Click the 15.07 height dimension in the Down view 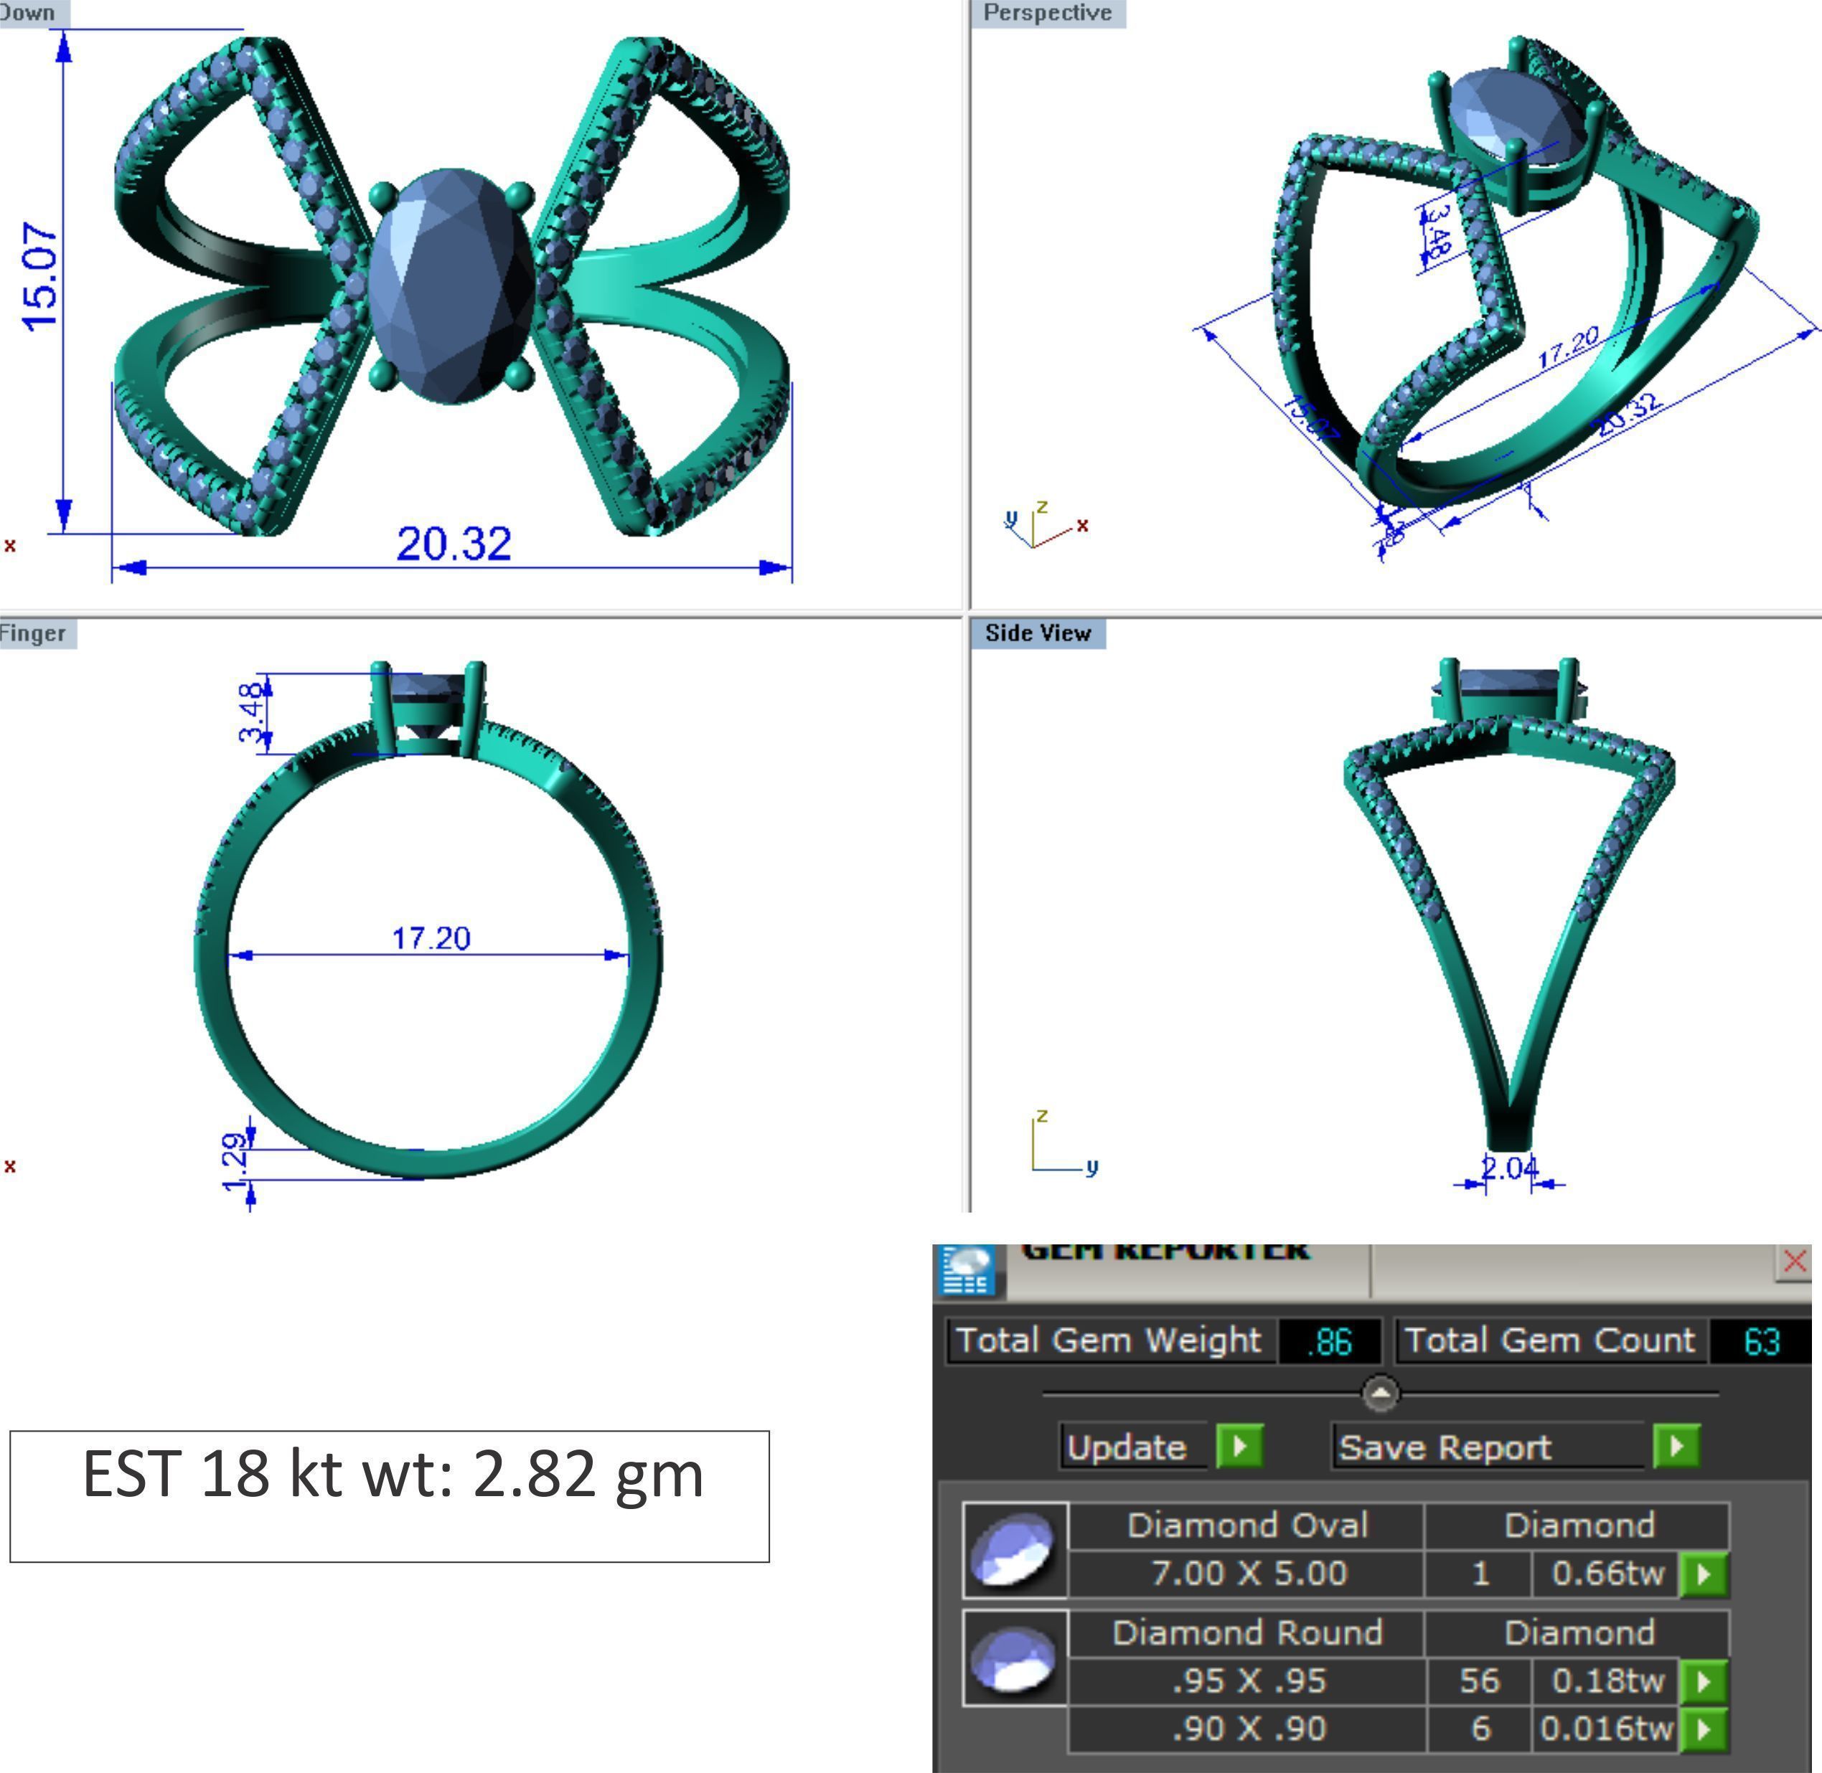click(x=41, y=278)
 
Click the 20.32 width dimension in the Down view click(x=454, y=544)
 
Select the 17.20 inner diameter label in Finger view click(x=431, y=937)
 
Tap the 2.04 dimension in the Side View click(x=1509, y=1167)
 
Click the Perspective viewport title click(x=1047, y=13)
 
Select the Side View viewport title click(x=1038, y=633)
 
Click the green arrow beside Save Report click(x=1676, y=1446)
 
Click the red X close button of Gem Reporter click(x=1794, y=1262)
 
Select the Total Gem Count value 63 click(x=1760, y=1342)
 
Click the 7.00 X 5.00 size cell click(x=1248, y=1573)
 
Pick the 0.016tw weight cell click(x=1607, y=1729)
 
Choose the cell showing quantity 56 click(x=1479, y=1680)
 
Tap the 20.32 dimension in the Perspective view click(x=1628, y=415)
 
